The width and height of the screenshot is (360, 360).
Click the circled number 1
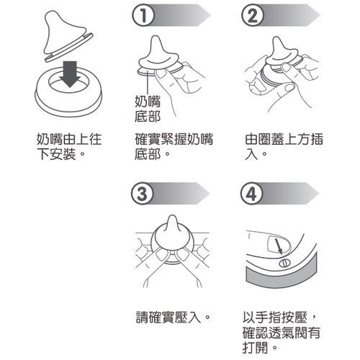pos(143,16)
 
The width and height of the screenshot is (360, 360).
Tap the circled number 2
pos(253,16)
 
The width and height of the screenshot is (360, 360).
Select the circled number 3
pos(143,194)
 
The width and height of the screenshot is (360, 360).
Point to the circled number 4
pos(251,194)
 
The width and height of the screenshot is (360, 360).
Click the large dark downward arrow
pos(70,74)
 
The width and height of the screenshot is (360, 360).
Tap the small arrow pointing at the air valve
pos(279,246)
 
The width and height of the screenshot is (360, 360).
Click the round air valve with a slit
pos(285,263)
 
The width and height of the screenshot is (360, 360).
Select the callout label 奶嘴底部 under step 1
pos(148,109)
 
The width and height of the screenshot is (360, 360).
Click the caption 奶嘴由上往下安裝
pos(69,146)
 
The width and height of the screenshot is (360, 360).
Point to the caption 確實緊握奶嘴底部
pos(174,146)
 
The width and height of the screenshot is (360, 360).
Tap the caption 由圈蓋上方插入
pos(284,146)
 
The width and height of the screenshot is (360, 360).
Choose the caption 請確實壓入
pos(173,317)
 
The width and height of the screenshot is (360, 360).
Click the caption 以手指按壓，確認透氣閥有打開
pos(282,332)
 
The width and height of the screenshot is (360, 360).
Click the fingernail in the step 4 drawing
pos(279,244)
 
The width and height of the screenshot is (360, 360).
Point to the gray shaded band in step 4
pos(283,279)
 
